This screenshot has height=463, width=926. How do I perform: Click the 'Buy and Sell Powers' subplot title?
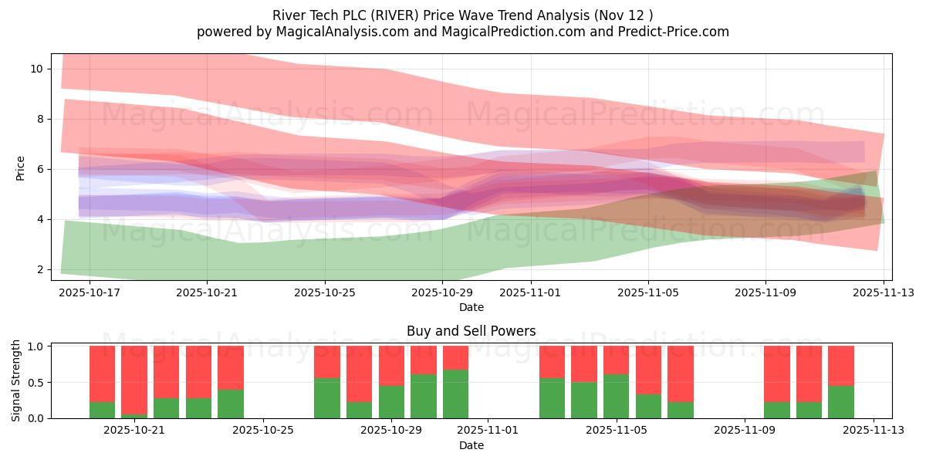471,331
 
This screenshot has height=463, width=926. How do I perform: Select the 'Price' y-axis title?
21,167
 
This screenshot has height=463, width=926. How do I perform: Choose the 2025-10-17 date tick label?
90,292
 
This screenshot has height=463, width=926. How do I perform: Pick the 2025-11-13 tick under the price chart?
884,292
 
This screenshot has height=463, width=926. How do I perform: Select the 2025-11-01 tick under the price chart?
530,292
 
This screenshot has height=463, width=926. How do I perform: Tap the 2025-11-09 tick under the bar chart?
745,430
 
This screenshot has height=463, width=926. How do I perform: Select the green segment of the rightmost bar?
841,402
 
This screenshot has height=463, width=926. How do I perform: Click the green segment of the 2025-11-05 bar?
616,396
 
